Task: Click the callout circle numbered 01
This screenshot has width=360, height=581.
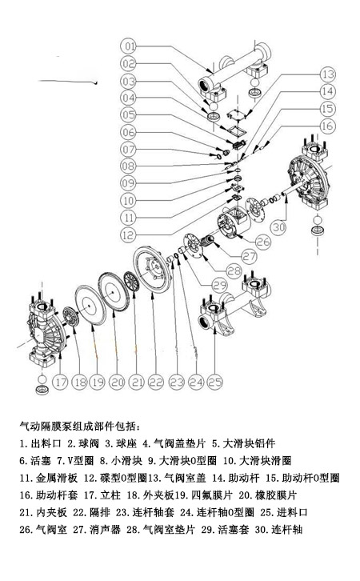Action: [130, 45]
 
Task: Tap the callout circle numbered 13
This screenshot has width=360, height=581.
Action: [326, 74]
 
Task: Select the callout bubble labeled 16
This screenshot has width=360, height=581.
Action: [326, 126]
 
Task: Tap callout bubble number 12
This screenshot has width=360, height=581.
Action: [130, 234]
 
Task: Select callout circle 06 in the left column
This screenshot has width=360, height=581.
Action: [130, 132]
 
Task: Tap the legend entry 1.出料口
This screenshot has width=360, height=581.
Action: [41, 443]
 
